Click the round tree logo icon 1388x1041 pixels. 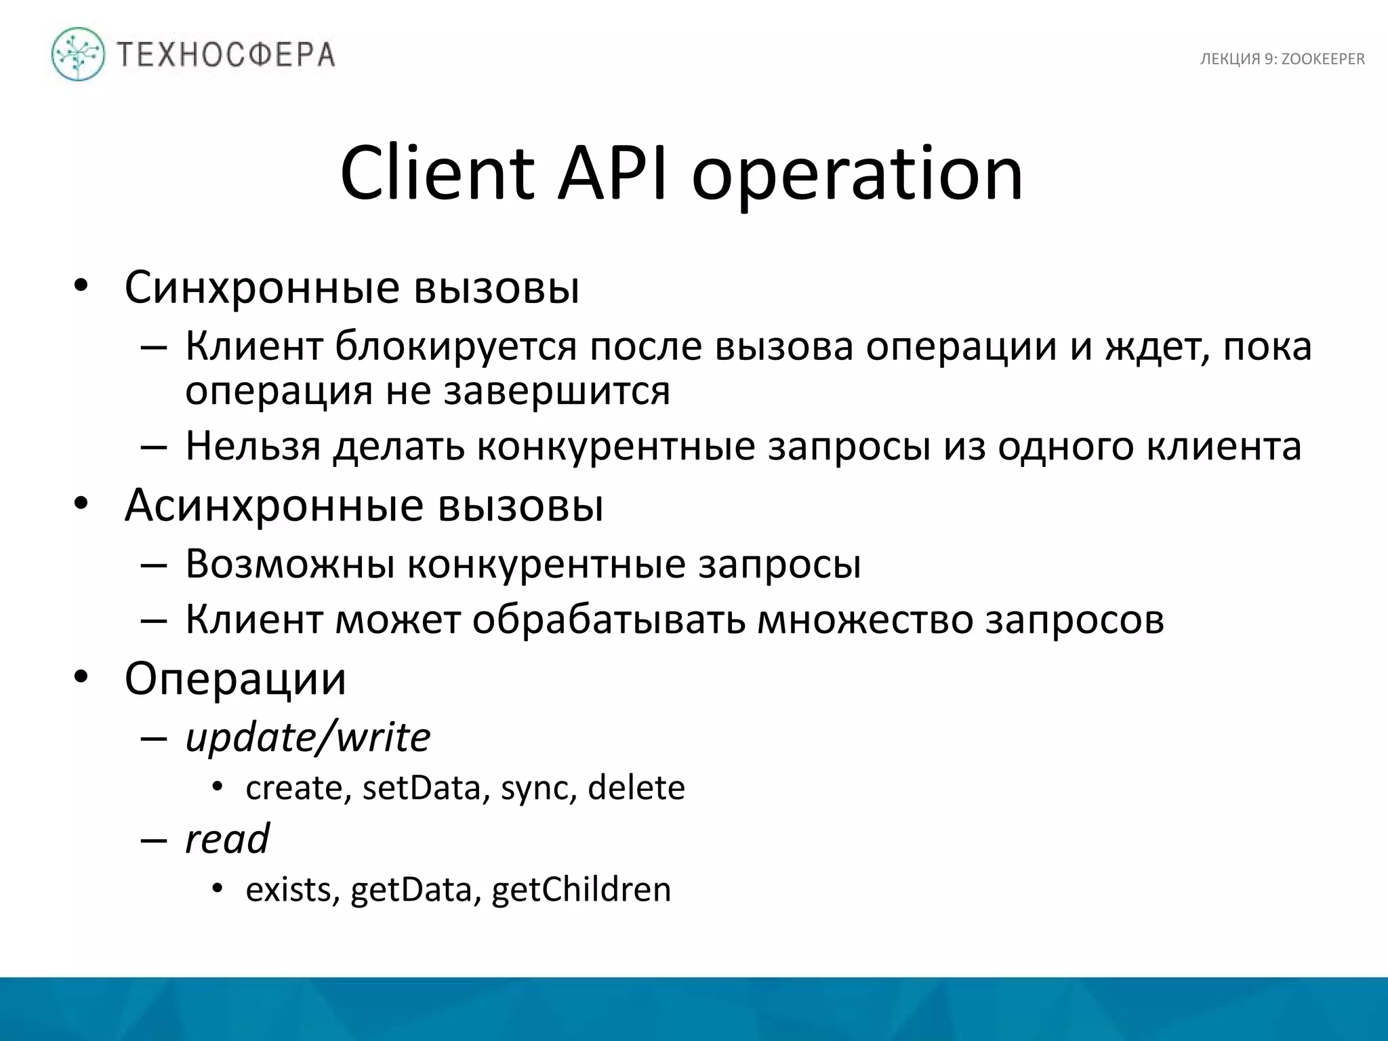click(x=79, y=54)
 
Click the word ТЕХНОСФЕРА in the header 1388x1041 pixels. click(x=226, y=55)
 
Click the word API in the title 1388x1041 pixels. click(x=613, y=173)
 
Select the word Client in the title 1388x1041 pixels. click(x=437, y=173)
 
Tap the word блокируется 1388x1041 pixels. click(x=455, y=346)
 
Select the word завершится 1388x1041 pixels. click(x=556, y=391)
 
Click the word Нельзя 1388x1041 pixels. click(x=253, y=447)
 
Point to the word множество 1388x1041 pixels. click(x=865, y=619)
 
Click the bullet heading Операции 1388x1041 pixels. click(x=235, y=678)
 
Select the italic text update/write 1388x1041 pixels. click(x=308, y=737)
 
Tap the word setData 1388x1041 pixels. click(x=421, y=788)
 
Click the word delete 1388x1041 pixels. click(x=636, y=788)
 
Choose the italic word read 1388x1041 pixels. click(x=227, y=839)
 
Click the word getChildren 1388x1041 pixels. click(x=581, y=890)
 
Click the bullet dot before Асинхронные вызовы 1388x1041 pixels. click(x=81, y=504)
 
